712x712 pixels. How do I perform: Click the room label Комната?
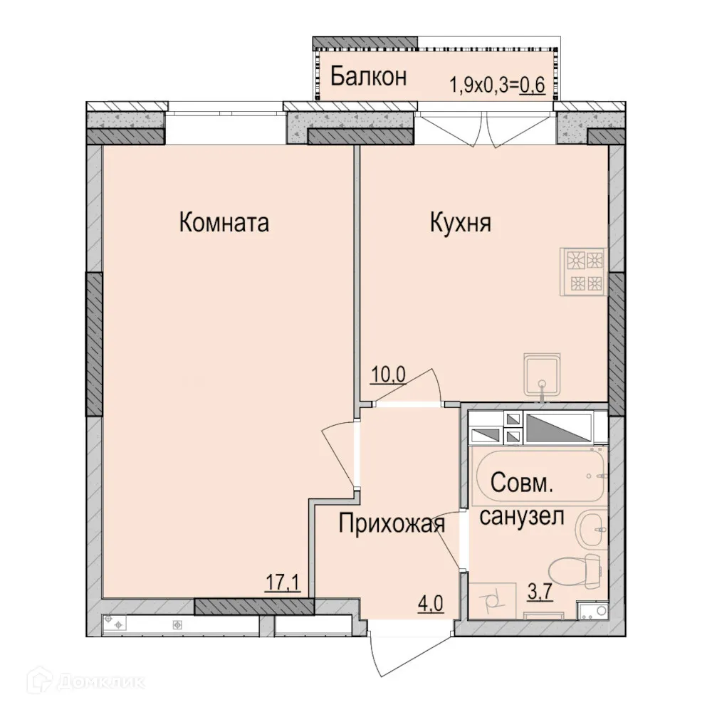[x=224, y=223]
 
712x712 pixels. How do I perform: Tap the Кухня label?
[x=461, y=223]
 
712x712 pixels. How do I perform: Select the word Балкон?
[x=368, y=76]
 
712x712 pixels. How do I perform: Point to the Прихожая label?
[x=392, y=525]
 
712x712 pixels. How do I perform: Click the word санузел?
[x=522, y=515]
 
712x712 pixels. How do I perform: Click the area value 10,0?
[x=387, y=375]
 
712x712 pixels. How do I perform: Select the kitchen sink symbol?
[x=543, y=374]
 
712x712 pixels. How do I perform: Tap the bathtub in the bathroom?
[x=539, y=473]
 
